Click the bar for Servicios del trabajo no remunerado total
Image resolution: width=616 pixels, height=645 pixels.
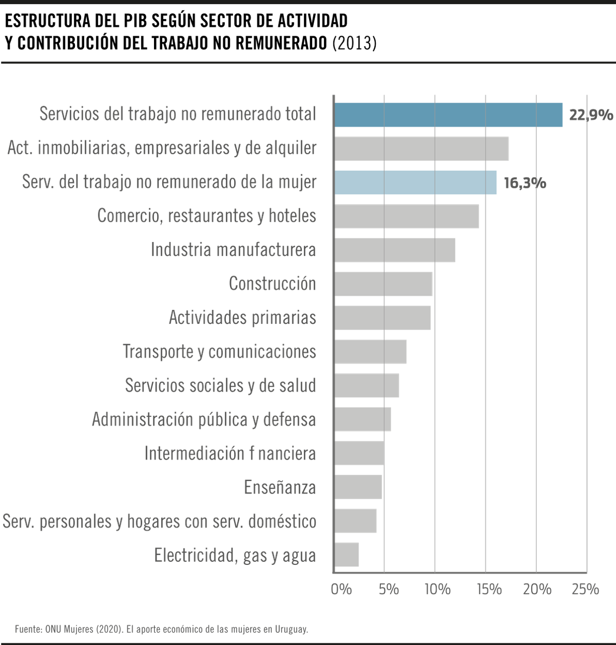[449, 114]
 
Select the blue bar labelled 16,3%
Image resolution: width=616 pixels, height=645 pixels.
[415, 182]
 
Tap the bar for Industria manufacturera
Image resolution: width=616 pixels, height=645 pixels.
[395, 250]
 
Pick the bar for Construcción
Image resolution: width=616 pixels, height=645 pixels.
[383, 283]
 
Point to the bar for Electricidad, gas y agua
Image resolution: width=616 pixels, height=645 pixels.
[347, 555]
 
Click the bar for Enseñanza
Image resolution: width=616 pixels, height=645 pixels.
[358, 487]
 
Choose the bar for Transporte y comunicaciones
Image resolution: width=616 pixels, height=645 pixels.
[371, 352]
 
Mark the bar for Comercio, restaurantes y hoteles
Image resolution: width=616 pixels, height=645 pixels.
[407, 216]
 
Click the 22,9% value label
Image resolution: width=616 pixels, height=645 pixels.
[590, 115]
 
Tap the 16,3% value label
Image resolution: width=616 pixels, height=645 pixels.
[525, 183]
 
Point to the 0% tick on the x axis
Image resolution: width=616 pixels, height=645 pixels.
[341, 589]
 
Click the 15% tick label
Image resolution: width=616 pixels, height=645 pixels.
[488, 589]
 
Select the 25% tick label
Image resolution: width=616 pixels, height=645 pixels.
[586, 589]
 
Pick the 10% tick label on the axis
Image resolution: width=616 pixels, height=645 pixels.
[438, 589]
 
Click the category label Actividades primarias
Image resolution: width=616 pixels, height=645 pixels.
[242, 317]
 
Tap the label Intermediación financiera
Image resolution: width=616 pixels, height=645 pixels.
[230, 453]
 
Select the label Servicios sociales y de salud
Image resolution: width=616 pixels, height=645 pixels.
[220, 385]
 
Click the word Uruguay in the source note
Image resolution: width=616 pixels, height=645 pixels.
[292, 629]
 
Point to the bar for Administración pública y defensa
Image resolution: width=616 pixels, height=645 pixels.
[363, 419]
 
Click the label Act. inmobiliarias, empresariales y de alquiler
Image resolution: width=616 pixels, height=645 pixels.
[162, 148]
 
